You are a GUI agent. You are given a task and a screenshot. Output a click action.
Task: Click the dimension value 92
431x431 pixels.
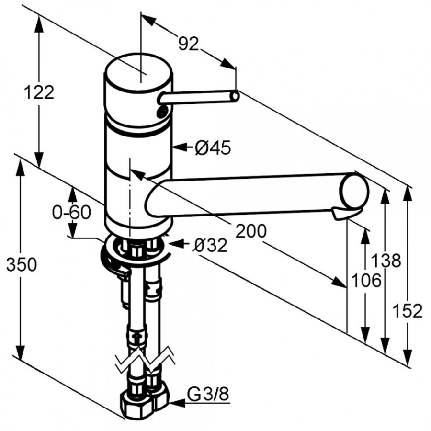pyautogui.click(x=188, y=44)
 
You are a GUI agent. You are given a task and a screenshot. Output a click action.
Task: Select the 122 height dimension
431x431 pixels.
pyautogui.click(x=39, y=92)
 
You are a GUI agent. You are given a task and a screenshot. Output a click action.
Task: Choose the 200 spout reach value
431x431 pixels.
pyautogui.click(x=251, y=231)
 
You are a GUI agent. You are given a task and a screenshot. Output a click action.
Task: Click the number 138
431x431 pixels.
pyautogui.click(x=386, y=261)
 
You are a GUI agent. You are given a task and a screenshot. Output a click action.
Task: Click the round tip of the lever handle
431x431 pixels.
pyautogui.click(x=234, y=97)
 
